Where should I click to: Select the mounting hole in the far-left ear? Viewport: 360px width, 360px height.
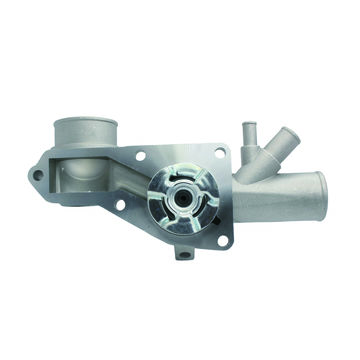[x=38, y=174]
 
